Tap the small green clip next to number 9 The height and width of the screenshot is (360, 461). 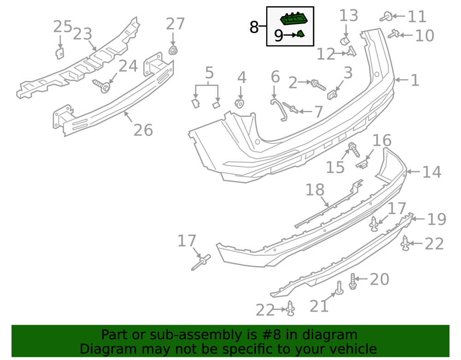[301, 34]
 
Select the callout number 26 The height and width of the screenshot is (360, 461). [143, 130]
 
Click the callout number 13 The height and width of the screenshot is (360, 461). [349, 16]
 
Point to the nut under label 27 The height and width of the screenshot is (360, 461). [173, 51]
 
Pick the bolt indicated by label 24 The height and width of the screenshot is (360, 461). [102, 86]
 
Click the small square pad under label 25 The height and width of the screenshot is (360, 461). [59, 53]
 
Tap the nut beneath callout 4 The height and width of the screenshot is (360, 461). [240, 103]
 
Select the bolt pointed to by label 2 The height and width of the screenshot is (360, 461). [318, 85]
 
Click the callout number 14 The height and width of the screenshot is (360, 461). [432, 172]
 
